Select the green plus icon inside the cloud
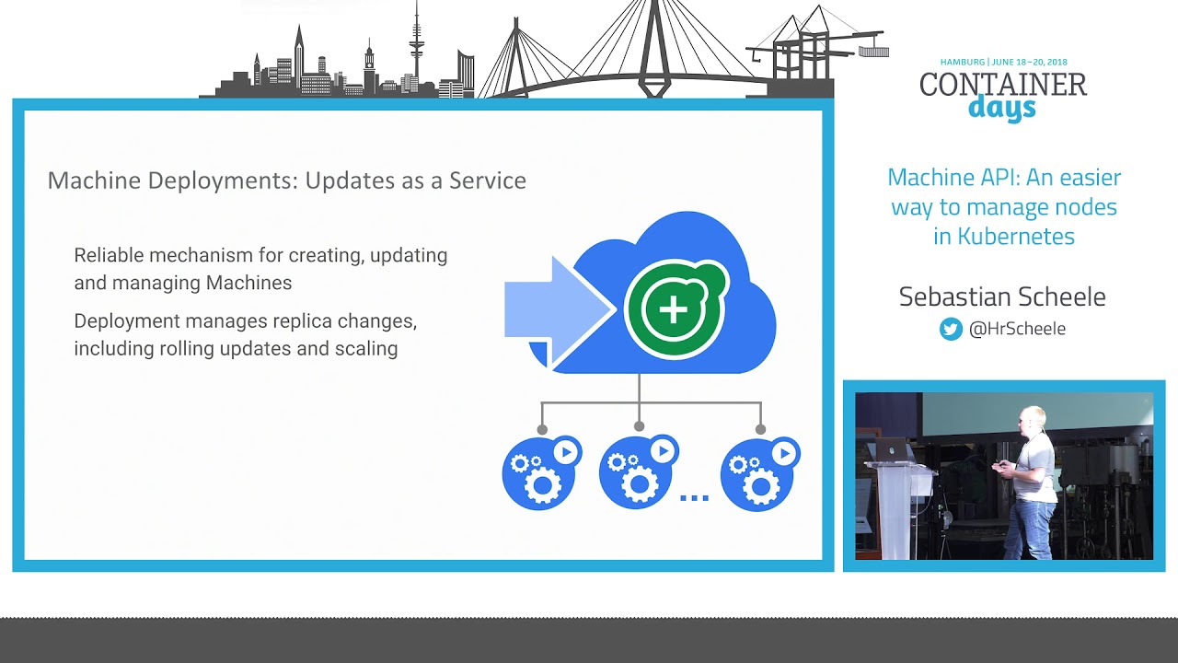(674, 308)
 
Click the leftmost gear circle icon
(541, 472)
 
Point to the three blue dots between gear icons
(694, 498)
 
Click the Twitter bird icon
(951, 329)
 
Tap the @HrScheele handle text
(1017, 329)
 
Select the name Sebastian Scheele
(1002, 297)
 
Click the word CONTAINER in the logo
(1003, 85)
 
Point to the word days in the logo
(1002, 108)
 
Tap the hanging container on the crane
(873, 52)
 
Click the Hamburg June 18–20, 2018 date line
(1003, 63)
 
